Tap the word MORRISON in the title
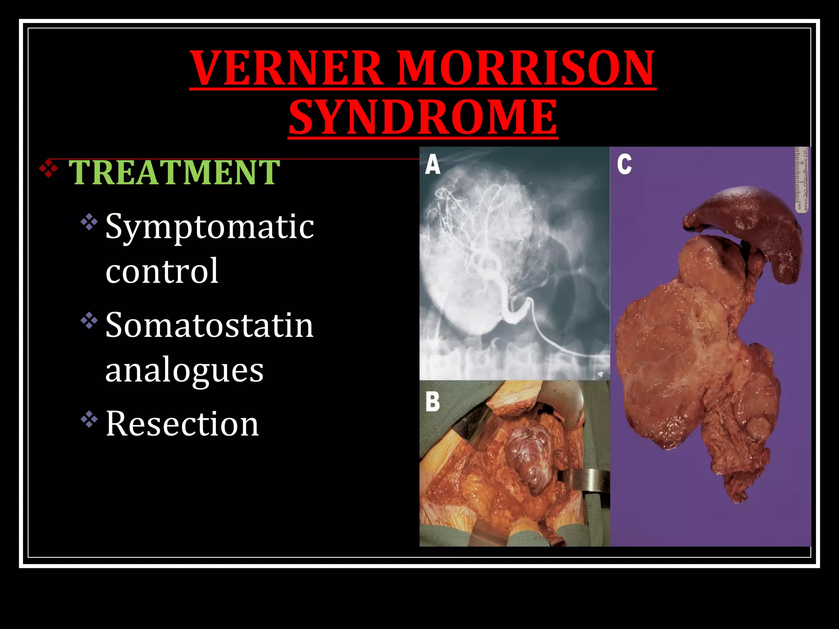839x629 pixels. click(x=526, y=68)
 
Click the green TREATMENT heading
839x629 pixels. click(x=174, y=172)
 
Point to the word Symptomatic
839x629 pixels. click(x=209, y=227)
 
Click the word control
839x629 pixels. click(x=162, y=271)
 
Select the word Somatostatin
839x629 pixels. click(x=209, y=325)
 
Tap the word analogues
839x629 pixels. click(x=184, y=370)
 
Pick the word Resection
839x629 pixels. click(x=182, y=423)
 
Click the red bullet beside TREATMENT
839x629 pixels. click(x=48, y=168)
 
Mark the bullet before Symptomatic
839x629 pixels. click(x=89, y=222)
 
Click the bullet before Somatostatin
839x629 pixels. click(x=89, y=321)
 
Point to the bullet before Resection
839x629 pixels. click(x=89, y=419)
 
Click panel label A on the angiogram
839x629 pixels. click(x=433, y=165)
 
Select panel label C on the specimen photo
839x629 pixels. click(x=624, y=165)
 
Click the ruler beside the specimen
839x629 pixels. click(x=802, y=180)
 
